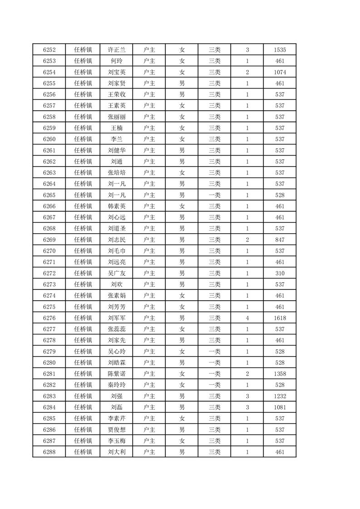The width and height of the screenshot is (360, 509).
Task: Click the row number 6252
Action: tap(49, 49)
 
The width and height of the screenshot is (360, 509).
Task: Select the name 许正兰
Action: tap(117, 49)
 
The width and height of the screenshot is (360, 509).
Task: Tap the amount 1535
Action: tap(280, 49)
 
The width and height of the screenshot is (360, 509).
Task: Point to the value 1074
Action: tap(280, 72)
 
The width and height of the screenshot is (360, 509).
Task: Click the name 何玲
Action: tap(117, 61)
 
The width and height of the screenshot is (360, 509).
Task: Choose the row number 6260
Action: tap(49, 139)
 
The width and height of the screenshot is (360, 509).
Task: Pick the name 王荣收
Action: tap(117, 94)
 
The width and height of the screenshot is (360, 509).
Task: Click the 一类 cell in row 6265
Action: tap(214, 195)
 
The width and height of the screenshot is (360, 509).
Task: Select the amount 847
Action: tap(280, 240)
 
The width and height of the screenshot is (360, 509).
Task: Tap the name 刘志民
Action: tap(117, 240)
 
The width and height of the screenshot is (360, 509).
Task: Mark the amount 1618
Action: tap(280, 318)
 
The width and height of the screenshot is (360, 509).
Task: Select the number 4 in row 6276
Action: tap(247, 318)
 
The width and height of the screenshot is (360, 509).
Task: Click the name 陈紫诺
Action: tap(117, 374)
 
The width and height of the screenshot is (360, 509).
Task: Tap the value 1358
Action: tap(280, 374)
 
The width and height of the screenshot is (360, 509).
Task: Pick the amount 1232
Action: tap(280, 396)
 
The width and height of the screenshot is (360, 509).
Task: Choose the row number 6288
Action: tap(49, 452)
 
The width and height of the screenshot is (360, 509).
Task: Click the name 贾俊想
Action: tap(117, 430)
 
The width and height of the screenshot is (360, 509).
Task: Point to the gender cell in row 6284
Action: tap(182, 407)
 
